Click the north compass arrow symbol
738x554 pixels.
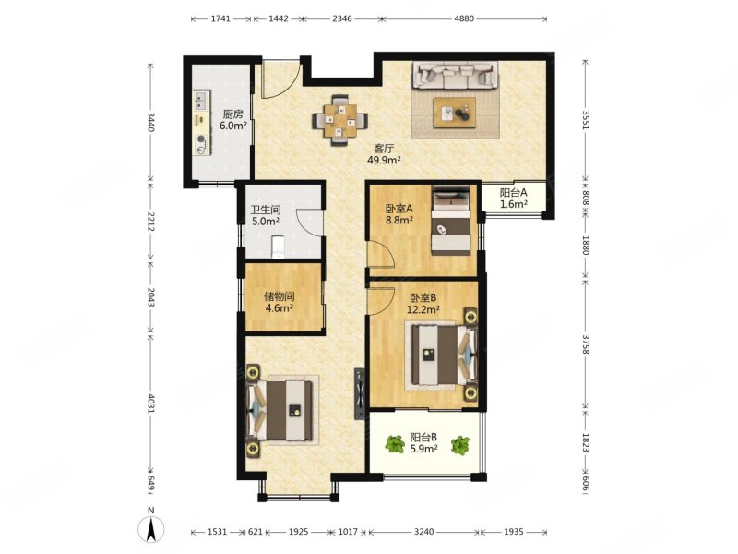pyautogui.click(x=150, y=529)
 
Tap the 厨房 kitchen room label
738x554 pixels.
pyautogui.click(x=233, y=114)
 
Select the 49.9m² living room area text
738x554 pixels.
pyautogui.click(x=384, y=160)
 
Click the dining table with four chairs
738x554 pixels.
pyautogui.click(x=340, y=121)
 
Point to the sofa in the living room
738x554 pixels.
pyautogui.click(x=455, y=76)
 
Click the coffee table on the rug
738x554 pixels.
pyautogui.click(x=455, y=113)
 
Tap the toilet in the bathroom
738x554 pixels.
pyautogui.click(x=279, y=247)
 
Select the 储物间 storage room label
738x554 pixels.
pyautogui.click(x=280, y=296)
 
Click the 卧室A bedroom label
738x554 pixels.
pyautogui.click(x=399, y=209)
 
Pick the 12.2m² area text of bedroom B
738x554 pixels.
pyautogui.click(x=423, y=309)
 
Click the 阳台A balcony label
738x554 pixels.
pyautogui.click(x=513, y=193)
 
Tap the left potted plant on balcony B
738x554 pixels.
pyautogui.click(x=395, y=444)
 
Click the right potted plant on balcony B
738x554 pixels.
pyautogui.click(x=459, y=445)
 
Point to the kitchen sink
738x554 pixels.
pyautogui.click(x=202, y=100)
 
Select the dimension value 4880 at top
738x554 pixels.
pyautogui.click(x=464, y=18)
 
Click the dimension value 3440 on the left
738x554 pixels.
pyautogui.click(x=150, y=121)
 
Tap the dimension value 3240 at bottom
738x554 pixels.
pyautogui.click(x=423, y=532)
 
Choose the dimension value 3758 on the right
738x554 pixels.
pyautogui.click(x=586, y=344)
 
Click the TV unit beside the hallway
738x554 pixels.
pyautogui.click(x=360, y=393)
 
